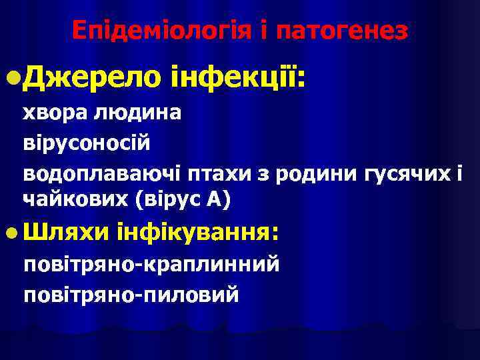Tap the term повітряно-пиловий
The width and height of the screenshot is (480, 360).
(131, 294)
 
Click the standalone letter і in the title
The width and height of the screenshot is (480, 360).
(263, 31)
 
